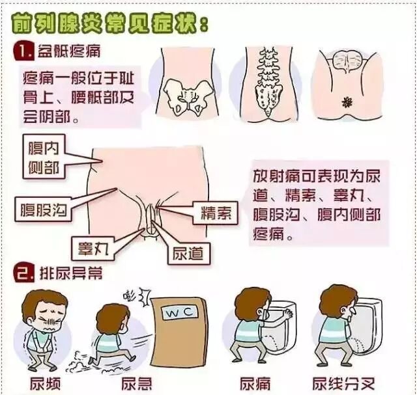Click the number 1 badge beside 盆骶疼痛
(23, 51)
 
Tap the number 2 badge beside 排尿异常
(24, 273)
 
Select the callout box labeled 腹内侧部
(44, 156)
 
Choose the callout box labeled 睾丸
(93, 249)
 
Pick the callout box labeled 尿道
(189, 253)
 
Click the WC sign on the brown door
(180, 312)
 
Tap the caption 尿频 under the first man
(45, 383)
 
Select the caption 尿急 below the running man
(137, 383)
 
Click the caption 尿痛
(255, 383)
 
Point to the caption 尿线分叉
(343, 383)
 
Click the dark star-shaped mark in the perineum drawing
(347, 102)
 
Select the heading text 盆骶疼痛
(69, 51)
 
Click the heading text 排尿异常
(71, 273)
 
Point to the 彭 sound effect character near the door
(130, 294)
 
